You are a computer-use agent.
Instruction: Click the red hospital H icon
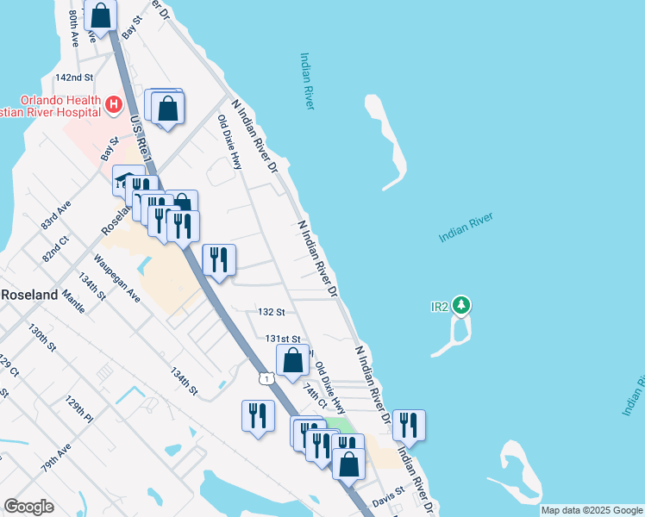(x=113, y=105)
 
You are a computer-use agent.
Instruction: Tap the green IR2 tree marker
(x=462, y=305)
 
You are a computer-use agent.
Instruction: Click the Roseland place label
(x=28, y=293)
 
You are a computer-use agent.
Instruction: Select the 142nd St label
(x=73, y=78)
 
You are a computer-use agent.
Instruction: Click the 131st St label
(x=282, y=339)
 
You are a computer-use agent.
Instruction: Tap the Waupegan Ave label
(x=117, y=278)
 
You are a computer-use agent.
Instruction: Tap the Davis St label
(x=388, y=497)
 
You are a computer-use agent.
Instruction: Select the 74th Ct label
(x=315, y=391)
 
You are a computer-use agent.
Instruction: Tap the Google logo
(x=28, y=507)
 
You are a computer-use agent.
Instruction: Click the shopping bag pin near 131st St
(x=292, y=360)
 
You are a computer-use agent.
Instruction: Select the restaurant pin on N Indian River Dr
(x=409, y=426)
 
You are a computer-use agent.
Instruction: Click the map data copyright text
(x=592, y=510)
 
